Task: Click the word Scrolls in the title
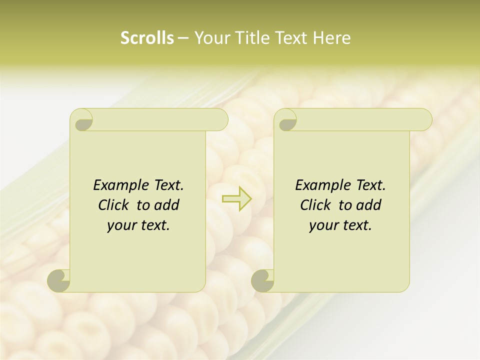click(x=147, y=38)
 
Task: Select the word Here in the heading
click(x=331, y=38)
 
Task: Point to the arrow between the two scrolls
click(x=237, y=199)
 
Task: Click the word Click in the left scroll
click(x=114, y=205)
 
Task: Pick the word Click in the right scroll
click(x=315, y=205)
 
